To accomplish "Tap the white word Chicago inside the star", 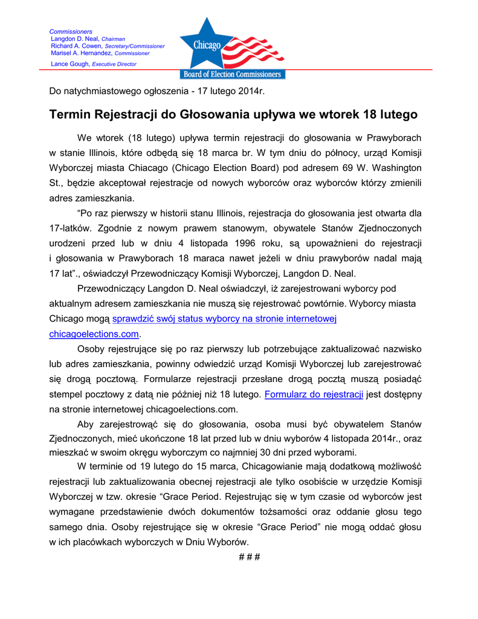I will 207,45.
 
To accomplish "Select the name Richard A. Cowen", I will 77,46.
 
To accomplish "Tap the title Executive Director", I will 114,64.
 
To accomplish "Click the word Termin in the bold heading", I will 71,114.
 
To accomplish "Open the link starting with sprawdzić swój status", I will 224,319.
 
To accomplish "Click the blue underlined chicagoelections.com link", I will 94,334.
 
